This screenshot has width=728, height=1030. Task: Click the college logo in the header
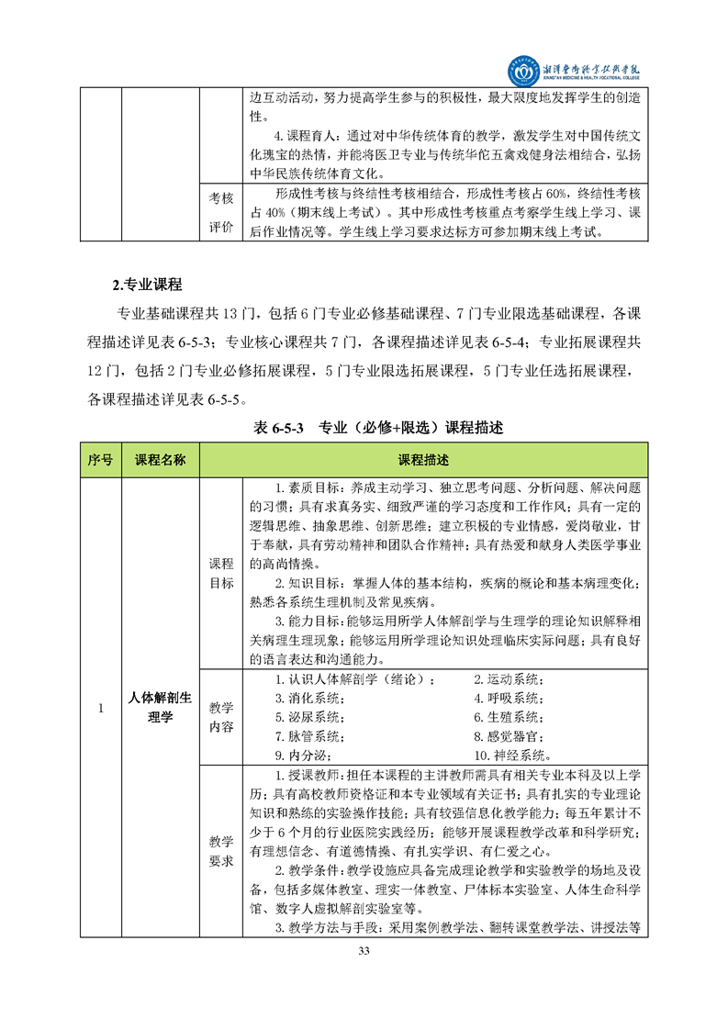click(x=527, y=70)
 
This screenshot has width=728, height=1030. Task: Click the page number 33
click(x=364, y=950)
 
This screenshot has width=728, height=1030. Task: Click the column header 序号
click(x=101, y=460)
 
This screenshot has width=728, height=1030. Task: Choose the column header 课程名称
click(x=161, y=460)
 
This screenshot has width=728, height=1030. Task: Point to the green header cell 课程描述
click(x=423, y=460)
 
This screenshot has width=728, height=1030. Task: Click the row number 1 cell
click(x=101, y=708)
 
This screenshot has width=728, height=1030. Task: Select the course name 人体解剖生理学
click(x=161, y=708)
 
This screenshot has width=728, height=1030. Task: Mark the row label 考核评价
click(x=221, y=212)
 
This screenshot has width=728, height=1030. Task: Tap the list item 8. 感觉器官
click(x=509, y=736)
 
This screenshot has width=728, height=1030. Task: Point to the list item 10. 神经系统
click(x=511, y=756)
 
